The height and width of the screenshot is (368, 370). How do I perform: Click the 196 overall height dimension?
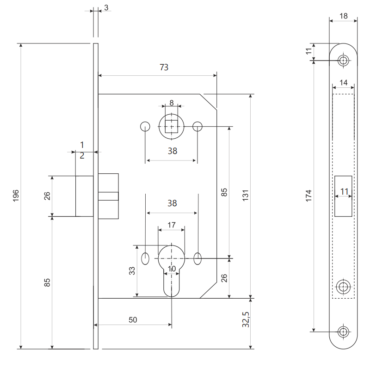tap(15, 196)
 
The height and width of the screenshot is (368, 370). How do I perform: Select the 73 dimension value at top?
tap(164, 67)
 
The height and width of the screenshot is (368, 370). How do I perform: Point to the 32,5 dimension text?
tap(246, 319)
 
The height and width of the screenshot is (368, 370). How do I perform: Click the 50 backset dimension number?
tap(133, 319)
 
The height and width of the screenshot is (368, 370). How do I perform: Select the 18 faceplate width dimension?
tap(343, 16)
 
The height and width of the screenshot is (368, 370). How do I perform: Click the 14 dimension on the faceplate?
tap(343, 82)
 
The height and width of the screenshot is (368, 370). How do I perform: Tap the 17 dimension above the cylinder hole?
tap(171, 225)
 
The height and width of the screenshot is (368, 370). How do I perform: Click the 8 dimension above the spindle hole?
tap(171, 103)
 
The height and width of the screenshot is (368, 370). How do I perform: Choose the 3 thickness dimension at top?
tap(106, 7)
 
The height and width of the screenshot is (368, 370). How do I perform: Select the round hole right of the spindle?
tap(197, 126)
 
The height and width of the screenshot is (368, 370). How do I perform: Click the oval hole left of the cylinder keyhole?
tap(145, 258)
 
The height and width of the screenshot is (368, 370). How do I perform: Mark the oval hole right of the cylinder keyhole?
tap(197, 258)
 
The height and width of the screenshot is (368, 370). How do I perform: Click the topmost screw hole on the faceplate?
tap(343, 60)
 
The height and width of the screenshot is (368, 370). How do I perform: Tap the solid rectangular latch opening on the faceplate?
tap(343, 196)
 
